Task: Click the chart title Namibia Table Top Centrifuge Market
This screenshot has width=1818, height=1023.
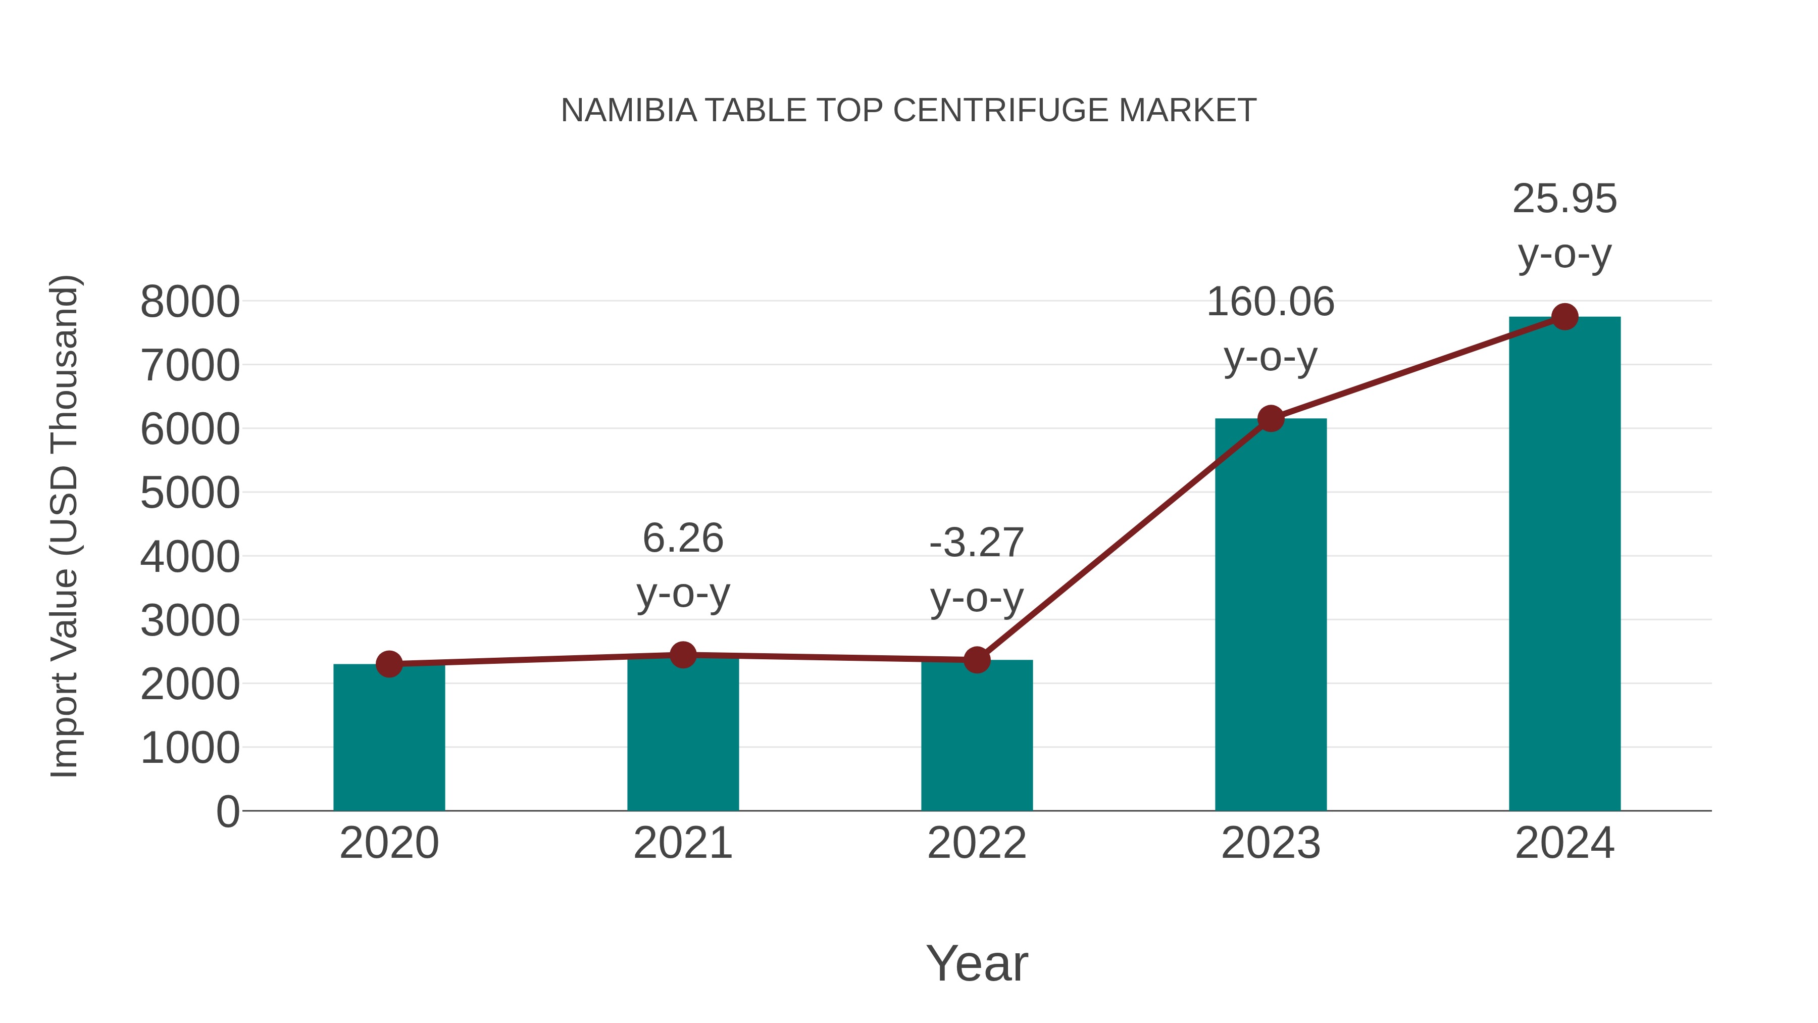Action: [908, 111]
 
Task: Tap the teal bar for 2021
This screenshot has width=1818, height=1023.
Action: [682, 734]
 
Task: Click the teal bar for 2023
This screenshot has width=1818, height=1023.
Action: [1271, 614]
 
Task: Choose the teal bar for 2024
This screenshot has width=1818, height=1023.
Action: [1564, 565]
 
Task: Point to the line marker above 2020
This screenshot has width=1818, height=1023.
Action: [389, 664]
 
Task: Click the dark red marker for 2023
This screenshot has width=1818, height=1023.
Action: [1271, 419]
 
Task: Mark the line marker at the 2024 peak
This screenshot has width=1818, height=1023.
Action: [1564, 317]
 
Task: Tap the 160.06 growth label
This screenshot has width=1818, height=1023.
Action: [1271, 302]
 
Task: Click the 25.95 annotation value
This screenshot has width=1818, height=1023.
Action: [1564, 199]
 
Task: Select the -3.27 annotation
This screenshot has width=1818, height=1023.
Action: [977, 543]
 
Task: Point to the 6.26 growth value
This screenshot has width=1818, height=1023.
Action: [682, 539]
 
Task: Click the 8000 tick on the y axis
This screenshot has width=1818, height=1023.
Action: [190, 302]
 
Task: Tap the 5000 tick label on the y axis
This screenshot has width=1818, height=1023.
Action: [190, 494]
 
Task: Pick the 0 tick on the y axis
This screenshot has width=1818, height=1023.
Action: [228, 812]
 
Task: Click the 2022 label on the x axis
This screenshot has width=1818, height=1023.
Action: [977, 843]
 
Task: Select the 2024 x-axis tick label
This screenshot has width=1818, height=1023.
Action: [1564, 843]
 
